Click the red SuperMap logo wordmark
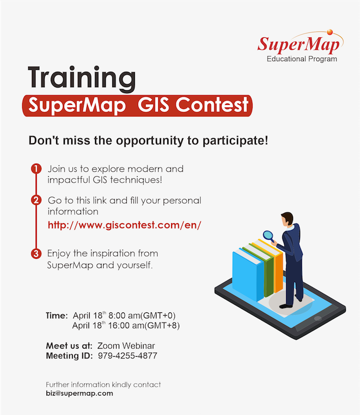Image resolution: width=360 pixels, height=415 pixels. coord(298,44)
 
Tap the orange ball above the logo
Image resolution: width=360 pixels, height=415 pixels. coord(330,32)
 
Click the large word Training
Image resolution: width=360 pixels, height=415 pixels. coord(82,78)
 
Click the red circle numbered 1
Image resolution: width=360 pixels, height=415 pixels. coord(36,169)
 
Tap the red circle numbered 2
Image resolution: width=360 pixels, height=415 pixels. coord(36,200)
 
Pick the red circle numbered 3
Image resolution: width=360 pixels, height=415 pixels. coord(36,253)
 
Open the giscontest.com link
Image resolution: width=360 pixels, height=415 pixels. coord(125,225)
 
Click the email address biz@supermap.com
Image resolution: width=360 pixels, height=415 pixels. coord(79,393)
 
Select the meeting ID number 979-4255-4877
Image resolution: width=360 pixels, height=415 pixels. coord(128,356)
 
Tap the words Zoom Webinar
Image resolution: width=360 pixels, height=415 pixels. coord(126,346)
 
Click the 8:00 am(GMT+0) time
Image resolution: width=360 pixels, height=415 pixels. coord(142,316)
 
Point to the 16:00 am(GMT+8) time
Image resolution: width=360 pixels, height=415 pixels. coord(144,325)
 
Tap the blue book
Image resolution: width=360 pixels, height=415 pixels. coord(248,275)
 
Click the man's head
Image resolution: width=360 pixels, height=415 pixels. coord(287,219)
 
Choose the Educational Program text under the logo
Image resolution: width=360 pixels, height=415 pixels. coord(302,59)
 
